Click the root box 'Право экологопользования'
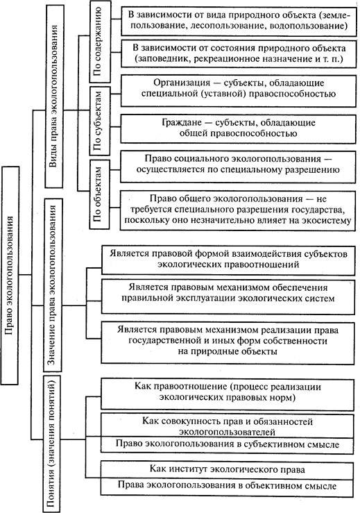(x=10, y=276)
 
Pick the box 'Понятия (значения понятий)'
(x=52, y=444)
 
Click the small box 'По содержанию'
(x=100, y=42)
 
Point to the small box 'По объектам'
(x=99, y=194)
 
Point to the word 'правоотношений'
(x=265, y=264)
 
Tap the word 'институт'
(x=187, y=469)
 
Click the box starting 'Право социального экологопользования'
(x=238, y=167)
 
